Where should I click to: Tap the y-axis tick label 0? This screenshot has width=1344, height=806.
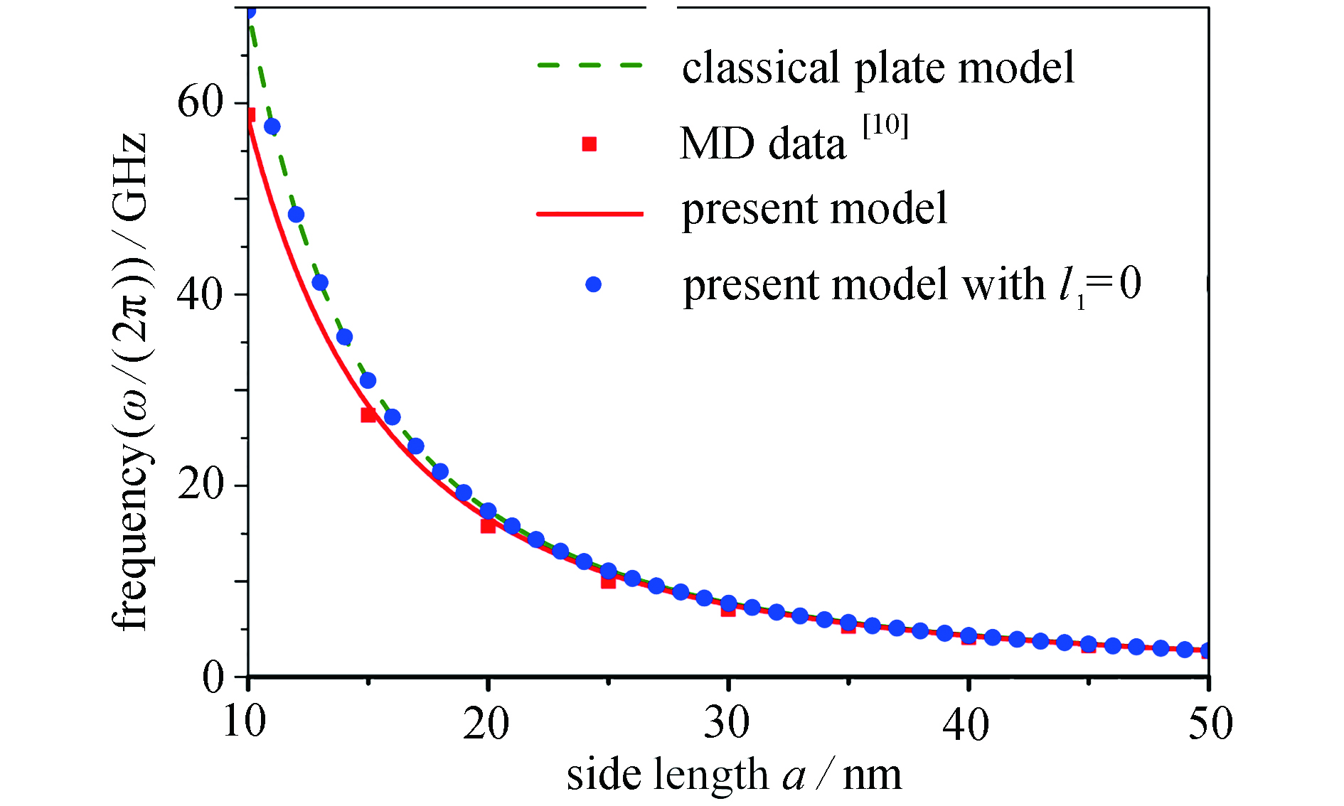click(x=213, y=677)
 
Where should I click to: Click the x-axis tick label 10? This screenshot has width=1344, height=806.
click(x=245, y=724)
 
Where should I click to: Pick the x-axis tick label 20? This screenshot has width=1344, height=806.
click(x=486, y=724)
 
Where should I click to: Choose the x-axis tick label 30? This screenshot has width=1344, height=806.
click(x=727, y=724)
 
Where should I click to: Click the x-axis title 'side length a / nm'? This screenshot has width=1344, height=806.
click(x=734, y=774)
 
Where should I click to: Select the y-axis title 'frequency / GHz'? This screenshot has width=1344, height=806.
click(x=130, y=382)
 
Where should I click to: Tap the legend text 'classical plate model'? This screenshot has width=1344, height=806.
click(x=878, y=68)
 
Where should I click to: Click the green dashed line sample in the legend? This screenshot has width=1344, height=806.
click(x=590, y=65)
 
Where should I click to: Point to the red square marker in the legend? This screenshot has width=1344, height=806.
click(x=590, y=144)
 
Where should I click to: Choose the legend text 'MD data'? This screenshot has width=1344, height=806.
click(x=763, y=144)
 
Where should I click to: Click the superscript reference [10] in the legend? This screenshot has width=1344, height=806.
click(x=885, y=127)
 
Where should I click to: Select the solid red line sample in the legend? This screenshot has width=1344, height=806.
click(x=590, y=213)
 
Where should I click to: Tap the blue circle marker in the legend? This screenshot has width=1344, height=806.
click(x=593, y=284)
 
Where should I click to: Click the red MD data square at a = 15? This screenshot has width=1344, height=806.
click(x=368, y=415)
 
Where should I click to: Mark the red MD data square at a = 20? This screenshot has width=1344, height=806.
click(x=488, y=526)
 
